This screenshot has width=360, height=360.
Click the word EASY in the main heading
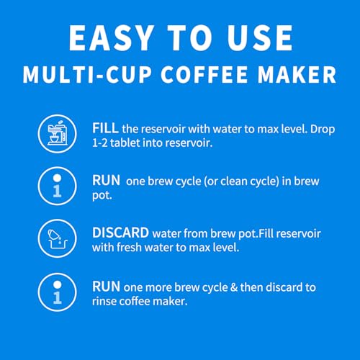[x=111, y=38]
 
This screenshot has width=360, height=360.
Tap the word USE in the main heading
[x=260, y=38]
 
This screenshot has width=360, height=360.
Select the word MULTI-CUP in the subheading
[x=87, y=74]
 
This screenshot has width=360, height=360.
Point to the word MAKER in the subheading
[x=297, y=74]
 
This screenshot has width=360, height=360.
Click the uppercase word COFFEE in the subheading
[x=204, y=74]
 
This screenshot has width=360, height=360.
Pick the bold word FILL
[x=105, y=128]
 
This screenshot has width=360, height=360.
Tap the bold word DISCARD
[x=120, y=233]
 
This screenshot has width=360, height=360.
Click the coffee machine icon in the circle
[x=58, y=133]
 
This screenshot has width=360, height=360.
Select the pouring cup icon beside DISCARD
[x=58, y=239]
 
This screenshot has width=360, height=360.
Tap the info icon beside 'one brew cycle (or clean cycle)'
[x=57, y=186]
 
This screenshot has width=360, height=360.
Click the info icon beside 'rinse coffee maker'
[x=57, y=292]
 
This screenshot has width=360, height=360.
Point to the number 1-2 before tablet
[x=99, y=143]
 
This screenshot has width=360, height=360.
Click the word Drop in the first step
[x=323, y=130]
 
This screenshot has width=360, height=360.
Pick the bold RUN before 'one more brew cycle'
[x=107, y=287]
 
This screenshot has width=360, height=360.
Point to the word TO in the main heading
[x=190, y=38]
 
